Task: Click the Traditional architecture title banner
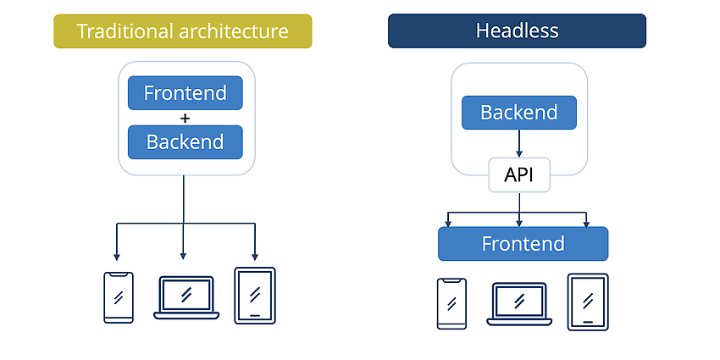pyautogui.click(x=183, y=31)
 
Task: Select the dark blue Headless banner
pyautogui.click(x=517, y=30)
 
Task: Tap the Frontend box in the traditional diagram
pyautogui.click(x=185, y=93)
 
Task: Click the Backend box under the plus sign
pyautogui.click(x=185, y=142)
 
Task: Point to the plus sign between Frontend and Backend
pyautogui.click(x=185, y=118)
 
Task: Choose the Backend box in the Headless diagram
pyautogui.click(x=519, y=113)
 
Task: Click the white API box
pyautogui.click(x=519, y=175)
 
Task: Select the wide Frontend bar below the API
pyautogui.click(x=523, y=244)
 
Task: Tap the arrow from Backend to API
pyautogui.click(x=519, y=143)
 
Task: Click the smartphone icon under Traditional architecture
pyautogui.click(x=119, y=297)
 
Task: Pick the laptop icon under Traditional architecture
pyautogui.click(x=186, y=297)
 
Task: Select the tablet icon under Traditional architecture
pyautogui.click(x=255, y=296)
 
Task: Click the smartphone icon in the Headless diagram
pyautogui.click(x=451, y=303)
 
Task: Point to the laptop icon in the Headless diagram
pyautogui.click(x=519, y=304)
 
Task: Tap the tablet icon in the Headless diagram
pyautogui.click(x=588, y=302)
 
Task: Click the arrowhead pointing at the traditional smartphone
pyautogui.click(x=117, y=257)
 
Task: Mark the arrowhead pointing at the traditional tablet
pyautogui.click(x=255, y=257)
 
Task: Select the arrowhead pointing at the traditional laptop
pyautogui.click(x=183, y=256)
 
